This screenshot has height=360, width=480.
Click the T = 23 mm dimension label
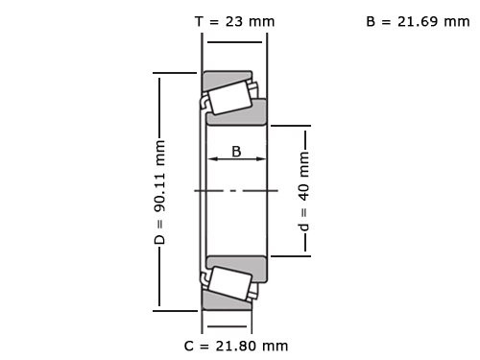234,21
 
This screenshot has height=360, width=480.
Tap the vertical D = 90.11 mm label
160,191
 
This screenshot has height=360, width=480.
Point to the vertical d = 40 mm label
304,191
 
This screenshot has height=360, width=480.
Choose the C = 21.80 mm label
235,345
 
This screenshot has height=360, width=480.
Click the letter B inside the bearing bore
236,150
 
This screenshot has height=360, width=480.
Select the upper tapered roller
228,97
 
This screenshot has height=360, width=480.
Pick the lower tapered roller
228,283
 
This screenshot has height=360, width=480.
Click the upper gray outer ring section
227,76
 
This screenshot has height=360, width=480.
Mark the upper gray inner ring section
237,114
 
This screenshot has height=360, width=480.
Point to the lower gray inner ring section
237,266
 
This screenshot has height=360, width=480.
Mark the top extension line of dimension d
288,125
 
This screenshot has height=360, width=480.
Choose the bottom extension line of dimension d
288,256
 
